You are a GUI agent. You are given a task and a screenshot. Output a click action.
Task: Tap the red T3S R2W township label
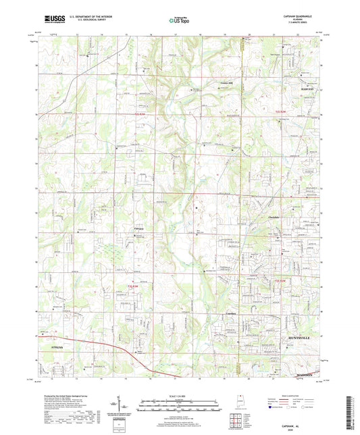coord(282,280)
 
